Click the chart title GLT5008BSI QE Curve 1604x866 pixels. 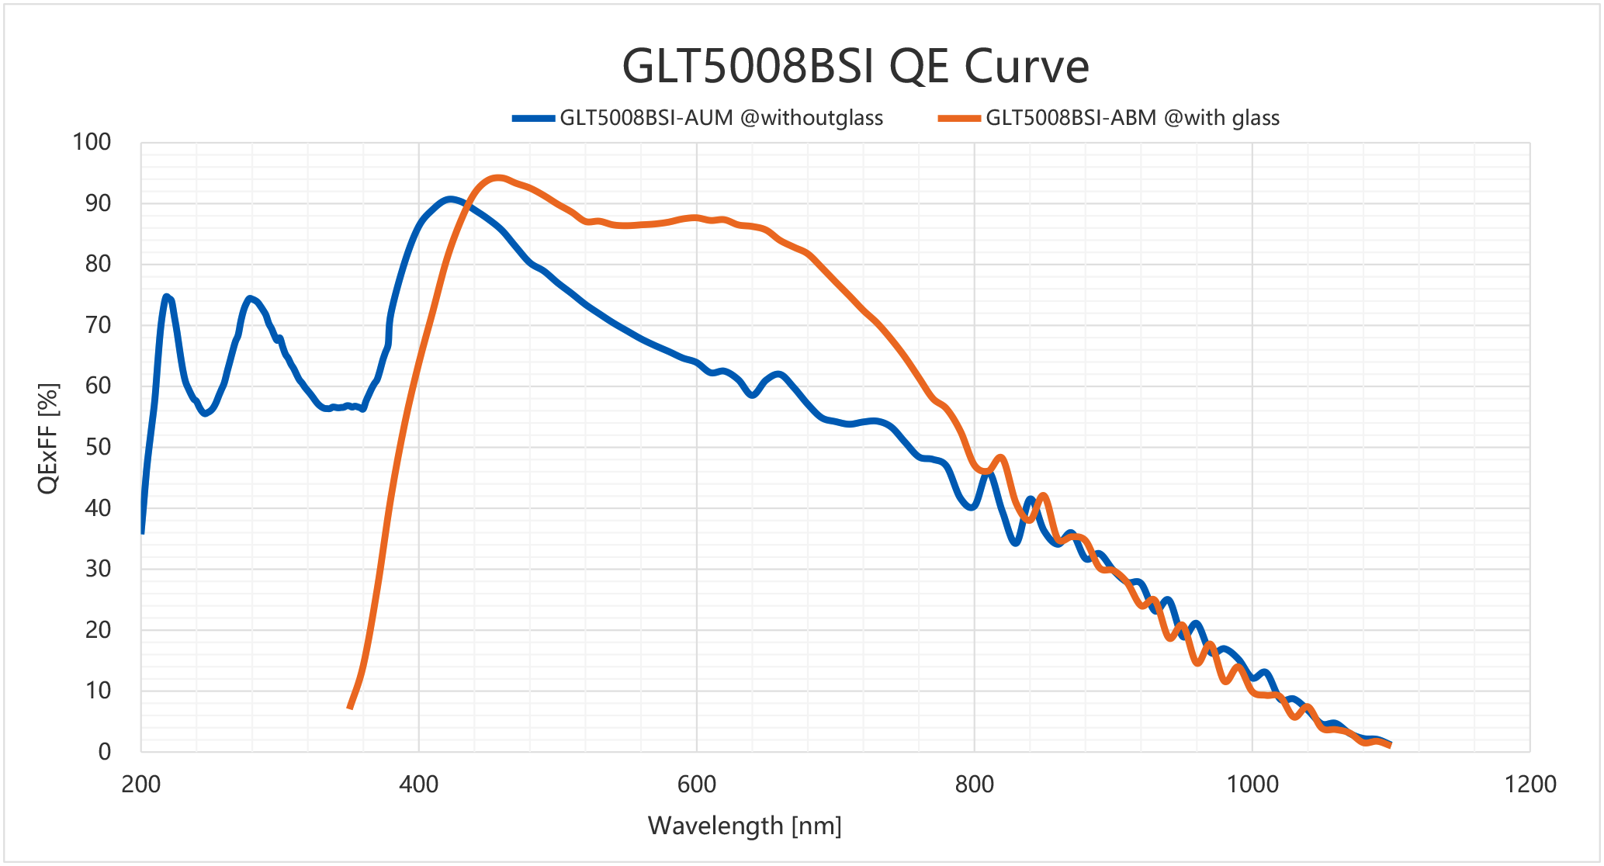coord(855,67)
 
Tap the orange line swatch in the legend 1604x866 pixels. coord(959,119)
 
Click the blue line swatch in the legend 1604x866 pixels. coord(533,119)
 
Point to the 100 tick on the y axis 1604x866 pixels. coord(92,142)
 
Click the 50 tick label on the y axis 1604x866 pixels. coord(98,447)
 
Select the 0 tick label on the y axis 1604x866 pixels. coord(104,751)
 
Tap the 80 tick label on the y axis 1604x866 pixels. coord(98,264)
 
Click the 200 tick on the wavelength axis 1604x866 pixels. coord(141,784)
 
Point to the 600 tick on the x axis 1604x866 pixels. coord(696,784)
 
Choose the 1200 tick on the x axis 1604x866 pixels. coord(1530,784)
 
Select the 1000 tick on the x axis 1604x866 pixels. coord(1252,784)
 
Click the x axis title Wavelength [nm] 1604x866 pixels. coord(744,826)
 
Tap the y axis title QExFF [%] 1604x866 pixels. coord(48,438)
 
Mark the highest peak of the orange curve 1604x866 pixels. coord(498,178)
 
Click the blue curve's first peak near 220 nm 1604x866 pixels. coord(166,296)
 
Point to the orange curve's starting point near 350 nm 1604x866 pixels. coord(350,707)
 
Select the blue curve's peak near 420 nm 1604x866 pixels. coord(450,199)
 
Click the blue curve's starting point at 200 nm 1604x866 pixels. coord(142,532)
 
